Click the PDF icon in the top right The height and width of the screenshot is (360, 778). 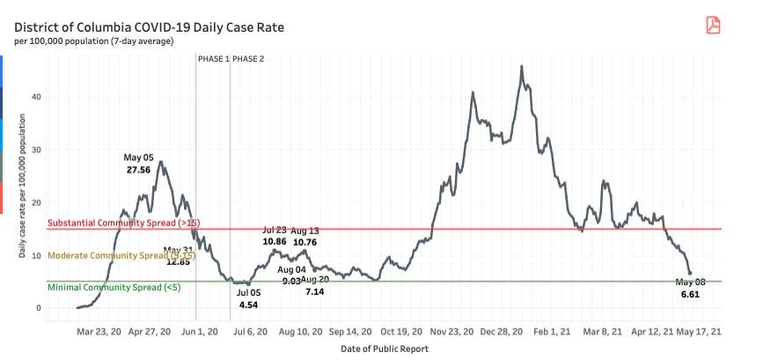(x=712, y=25)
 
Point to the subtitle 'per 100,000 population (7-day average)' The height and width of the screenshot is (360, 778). (x=93, y=40)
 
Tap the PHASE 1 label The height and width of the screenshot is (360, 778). (x=213, y=59)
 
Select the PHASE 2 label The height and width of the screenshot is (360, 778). (x=248, y=59)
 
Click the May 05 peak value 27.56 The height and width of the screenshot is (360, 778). (x=138, y=169)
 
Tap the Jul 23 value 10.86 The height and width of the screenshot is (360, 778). (x=274, y=241)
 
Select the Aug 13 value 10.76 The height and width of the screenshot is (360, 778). (x=305, y=241)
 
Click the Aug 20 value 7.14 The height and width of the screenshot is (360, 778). (x=314, y=290)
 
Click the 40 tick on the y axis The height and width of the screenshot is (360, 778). (x=37, y=97)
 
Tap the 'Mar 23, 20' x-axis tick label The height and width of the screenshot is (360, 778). (x=99, y=333)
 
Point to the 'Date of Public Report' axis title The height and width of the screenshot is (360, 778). (x=385, y=349)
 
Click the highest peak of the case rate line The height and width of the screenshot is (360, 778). (x=522, y=66)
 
